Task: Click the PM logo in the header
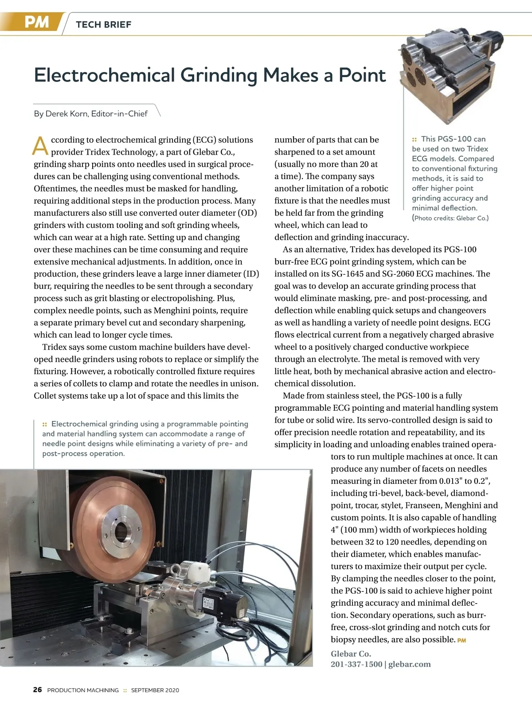coord(36,22)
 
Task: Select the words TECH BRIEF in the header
coord(104,25)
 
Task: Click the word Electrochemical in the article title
coord(105,75)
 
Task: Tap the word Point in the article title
coord(362,75)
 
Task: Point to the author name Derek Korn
coord(66,114)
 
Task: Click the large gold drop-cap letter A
coord(41,146)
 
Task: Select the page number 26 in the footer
coord(38,690)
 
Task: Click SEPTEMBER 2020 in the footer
coord(155,690)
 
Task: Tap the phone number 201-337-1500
coord(356,664)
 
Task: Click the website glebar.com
coord(409,664)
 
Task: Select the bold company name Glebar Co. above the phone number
coord(351,654)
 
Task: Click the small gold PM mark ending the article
coord(462,640)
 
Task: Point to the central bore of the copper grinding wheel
coord(121,530)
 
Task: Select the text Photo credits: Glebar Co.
coord(451,218)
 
